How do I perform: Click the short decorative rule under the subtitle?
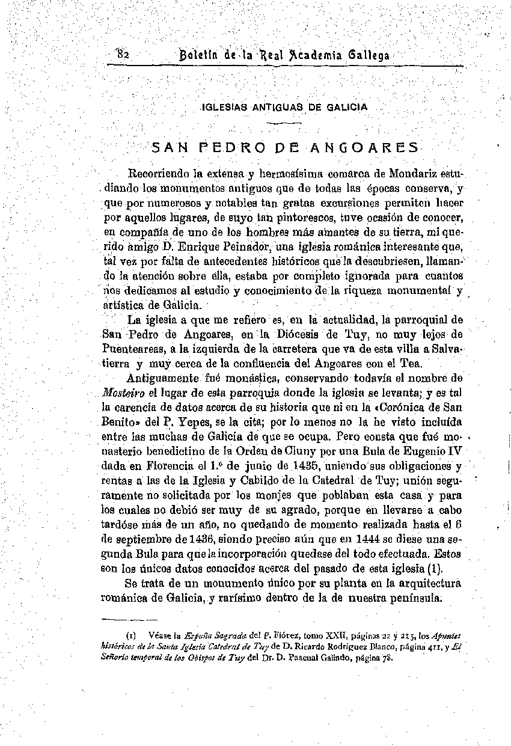[283, 123]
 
